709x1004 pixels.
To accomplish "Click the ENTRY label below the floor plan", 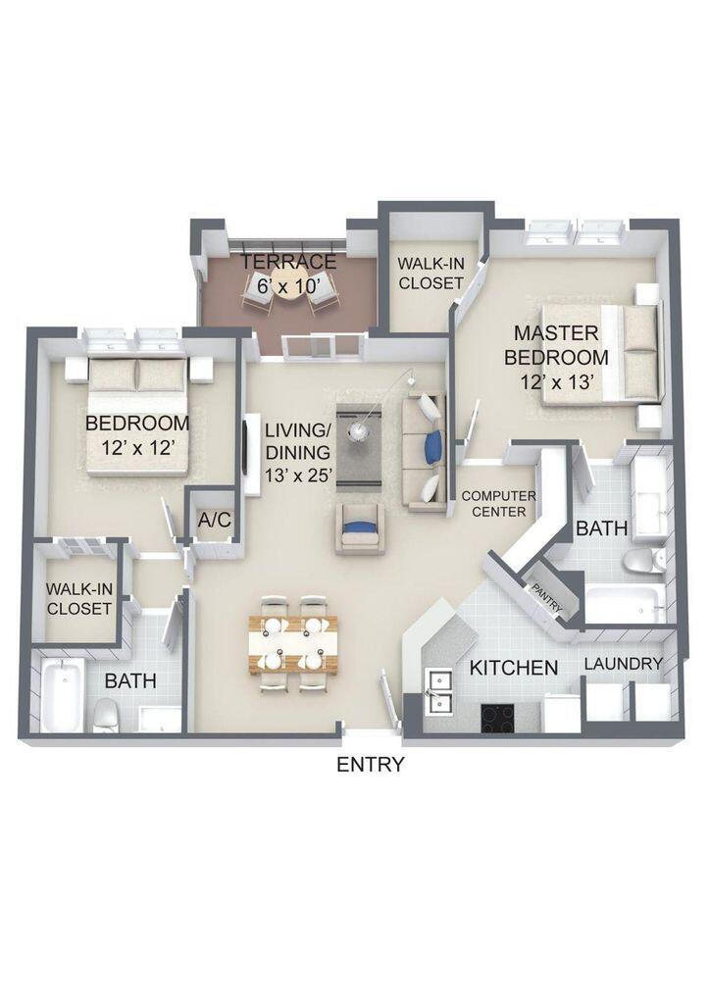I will [x=370, y=765].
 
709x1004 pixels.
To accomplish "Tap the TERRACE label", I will [x=289, y=262].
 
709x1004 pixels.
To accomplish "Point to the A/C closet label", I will [x=214, y=520].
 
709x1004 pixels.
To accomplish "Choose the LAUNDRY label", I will [x=624, y=664].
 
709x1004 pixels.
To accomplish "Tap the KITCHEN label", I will [x=514, y=668].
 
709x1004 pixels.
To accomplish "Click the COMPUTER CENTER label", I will [x=498, y=504].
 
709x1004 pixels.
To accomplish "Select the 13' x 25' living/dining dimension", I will [x=300, y=476].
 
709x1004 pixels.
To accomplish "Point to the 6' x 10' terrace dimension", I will [x=289, y=287].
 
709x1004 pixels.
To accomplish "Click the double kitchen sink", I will [x=438, y=692].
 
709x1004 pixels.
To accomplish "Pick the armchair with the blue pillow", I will [x=360, y=529].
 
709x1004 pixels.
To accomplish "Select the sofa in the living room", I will [x=427, y=451].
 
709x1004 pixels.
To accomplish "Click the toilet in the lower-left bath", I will [x=105, y=715].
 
